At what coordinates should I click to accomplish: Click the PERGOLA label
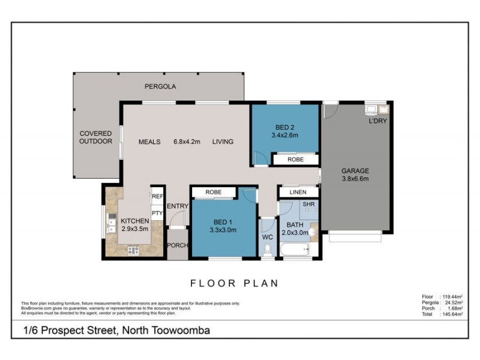tap(160, 86)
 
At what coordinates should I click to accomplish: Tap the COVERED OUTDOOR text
tap(96, 137)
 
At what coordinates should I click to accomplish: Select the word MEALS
tap(149, 142)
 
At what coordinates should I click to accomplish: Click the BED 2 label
tap(285, 127)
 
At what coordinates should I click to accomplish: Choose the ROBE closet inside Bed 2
tap(295, 160)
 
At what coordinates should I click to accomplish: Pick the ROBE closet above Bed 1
tap(213, 192)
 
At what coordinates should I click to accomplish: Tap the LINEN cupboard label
tap(298, 192)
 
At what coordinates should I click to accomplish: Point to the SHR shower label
tap(308, 205)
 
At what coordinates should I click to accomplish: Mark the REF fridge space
tap(157, 196)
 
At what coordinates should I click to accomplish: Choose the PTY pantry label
tap(157, 212)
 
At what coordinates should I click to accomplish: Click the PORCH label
tap(177, 245)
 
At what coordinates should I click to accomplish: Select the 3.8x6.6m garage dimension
tap(355, 178)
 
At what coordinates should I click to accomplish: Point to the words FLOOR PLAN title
tap(235, 283)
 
